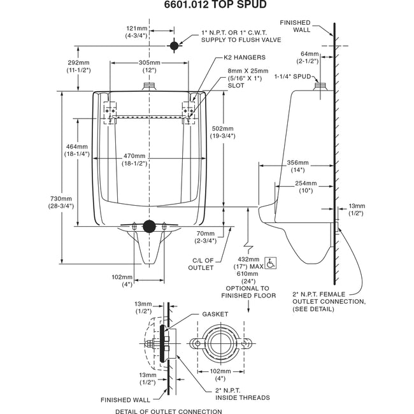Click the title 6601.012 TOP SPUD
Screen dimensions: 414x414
(207, 6)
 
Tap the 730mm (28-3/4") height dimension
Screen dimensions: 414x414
(61, 203)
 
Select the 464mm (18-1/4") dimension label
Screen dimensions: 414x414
(76, 151)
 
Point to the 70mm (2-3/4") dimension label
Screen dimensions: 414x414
(206, 237)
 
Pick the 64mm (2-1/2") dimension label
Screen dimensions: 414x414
(308, 58)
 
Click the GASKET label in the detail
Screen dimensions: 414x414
(215, 314)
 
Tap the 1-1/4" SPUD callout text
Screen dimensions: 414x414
(292, 76)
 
